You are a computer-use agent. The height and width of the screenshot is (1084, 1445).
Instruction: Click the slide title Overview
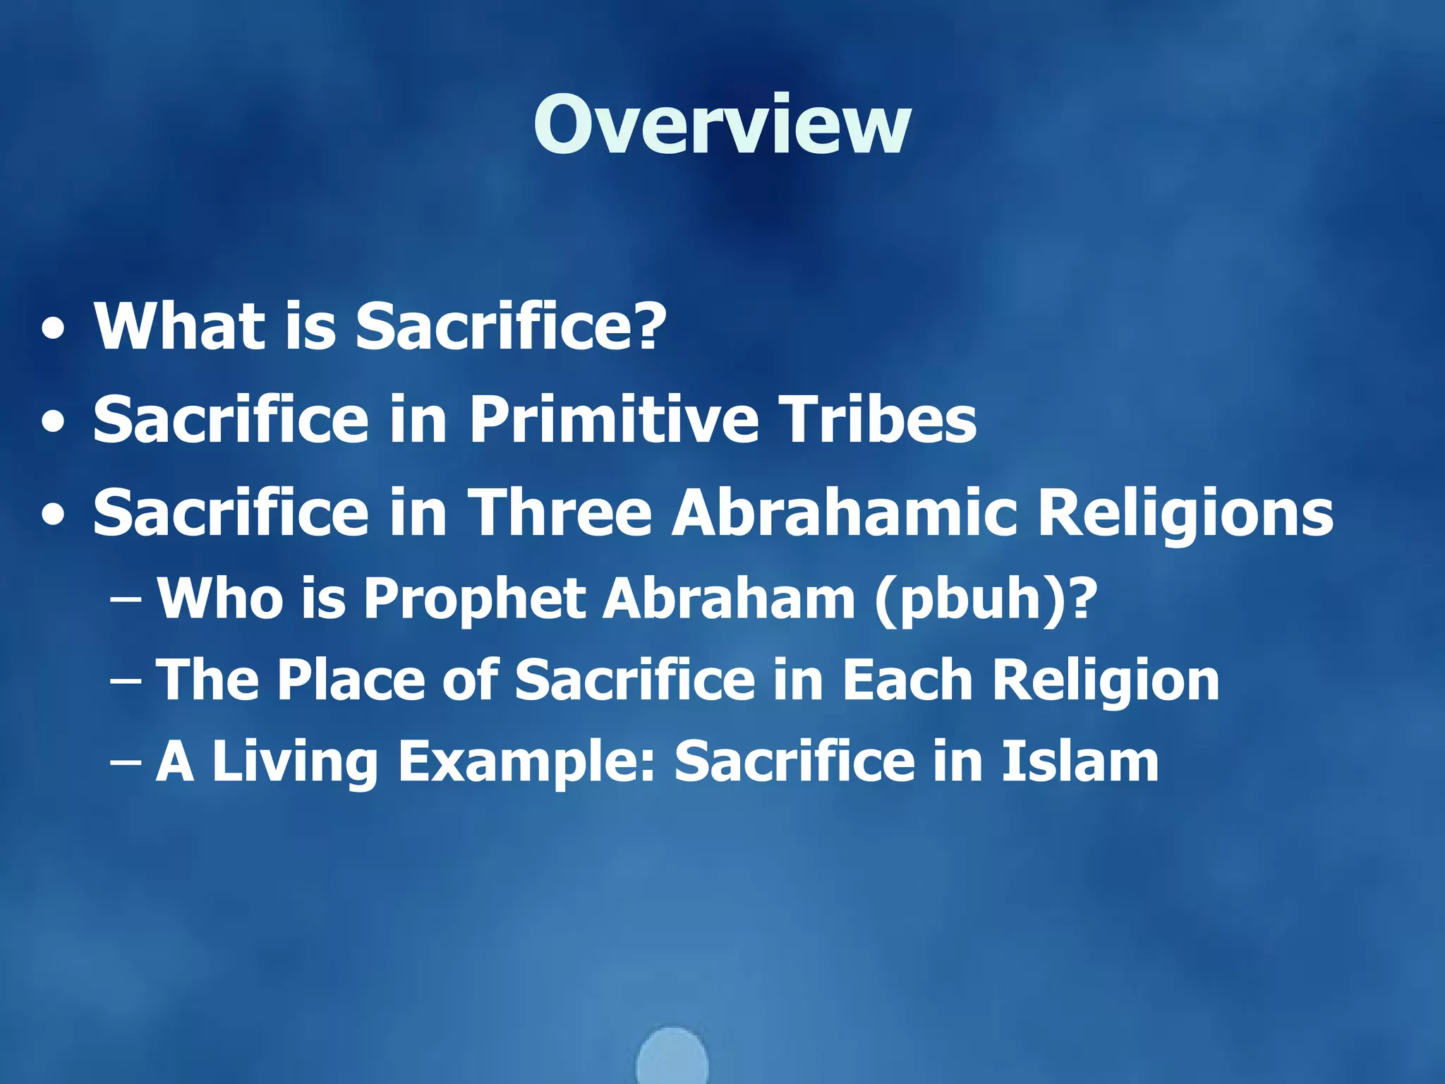click(x=722, y=125)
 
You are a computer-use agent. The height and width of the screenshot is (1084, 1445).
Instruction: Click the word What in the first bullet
click(x=181, y=326)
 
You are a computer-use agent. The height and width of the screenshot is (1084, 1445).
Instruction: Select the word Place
click(x=351, y=680)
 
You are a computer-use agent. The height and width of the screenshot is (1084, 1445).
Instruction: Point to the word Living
click(x=295, y=762)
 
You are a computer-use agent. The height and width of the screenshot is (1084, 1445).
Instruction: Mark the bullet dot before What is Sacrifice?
click(x=54, y=329)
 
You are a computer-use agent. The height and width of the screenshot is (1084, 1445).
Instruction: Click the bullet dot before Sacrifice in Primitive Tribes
click(x=54, y=423)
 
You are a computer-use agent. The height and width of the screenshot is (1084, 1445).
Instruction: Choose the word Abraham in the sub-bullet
click(x=728, y=598)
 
